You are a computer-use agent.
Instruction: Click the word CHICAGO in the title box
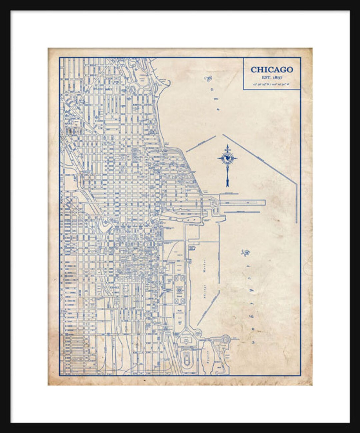pyautogui.click(x=272, y=69)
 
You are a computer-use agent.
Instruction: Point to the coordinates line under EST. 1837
pyautogui.click(x=272, y=84)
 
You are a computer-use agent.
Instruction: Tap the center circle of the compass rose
pyautogui.click(x=228, y=159)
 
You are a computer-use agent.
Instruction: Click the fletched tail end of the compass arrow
pyautogui.click(x=228, y=183)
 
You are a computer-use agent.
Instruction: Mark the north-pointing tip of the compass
pyautogui.click(x=228, y=146)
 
